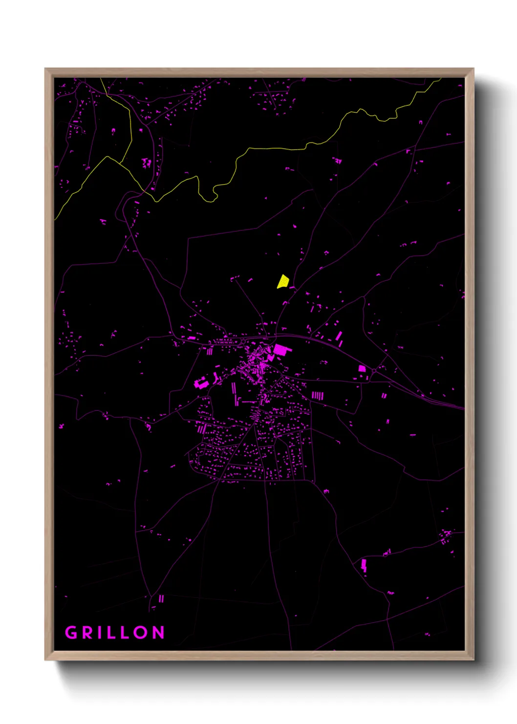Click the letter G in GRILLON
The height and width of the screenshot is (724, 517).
[x=71, y=633]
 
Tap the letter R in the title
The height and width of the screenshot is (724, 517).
[x=88, y=633]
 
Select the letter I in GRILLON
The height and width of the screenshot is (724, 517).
[x=101, y=633]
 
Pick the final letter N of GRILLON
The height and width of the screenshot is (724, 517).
[x=159, y=633]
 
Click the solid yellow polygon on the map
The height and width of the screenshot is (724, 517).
[x=283, y=281]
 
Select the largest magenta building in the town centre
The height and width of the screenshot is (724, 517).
[x=280, y=349]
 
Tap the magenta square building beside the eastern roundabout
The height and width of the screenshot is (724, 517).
[x=362, y=368]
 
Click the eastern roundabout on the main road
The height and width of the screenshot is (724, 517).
[x=374, y=372]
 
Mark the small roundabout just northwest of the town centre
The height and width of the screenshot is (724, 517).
[x=243, y=341]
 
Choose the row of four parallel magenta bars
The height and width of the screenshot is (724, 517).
[x=317, y=395]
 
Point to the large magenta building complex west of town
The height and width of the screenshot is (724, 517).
[x=200, y=383]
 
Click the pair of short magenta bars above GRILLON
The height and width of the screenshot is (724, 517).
[x=161, y=598]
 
